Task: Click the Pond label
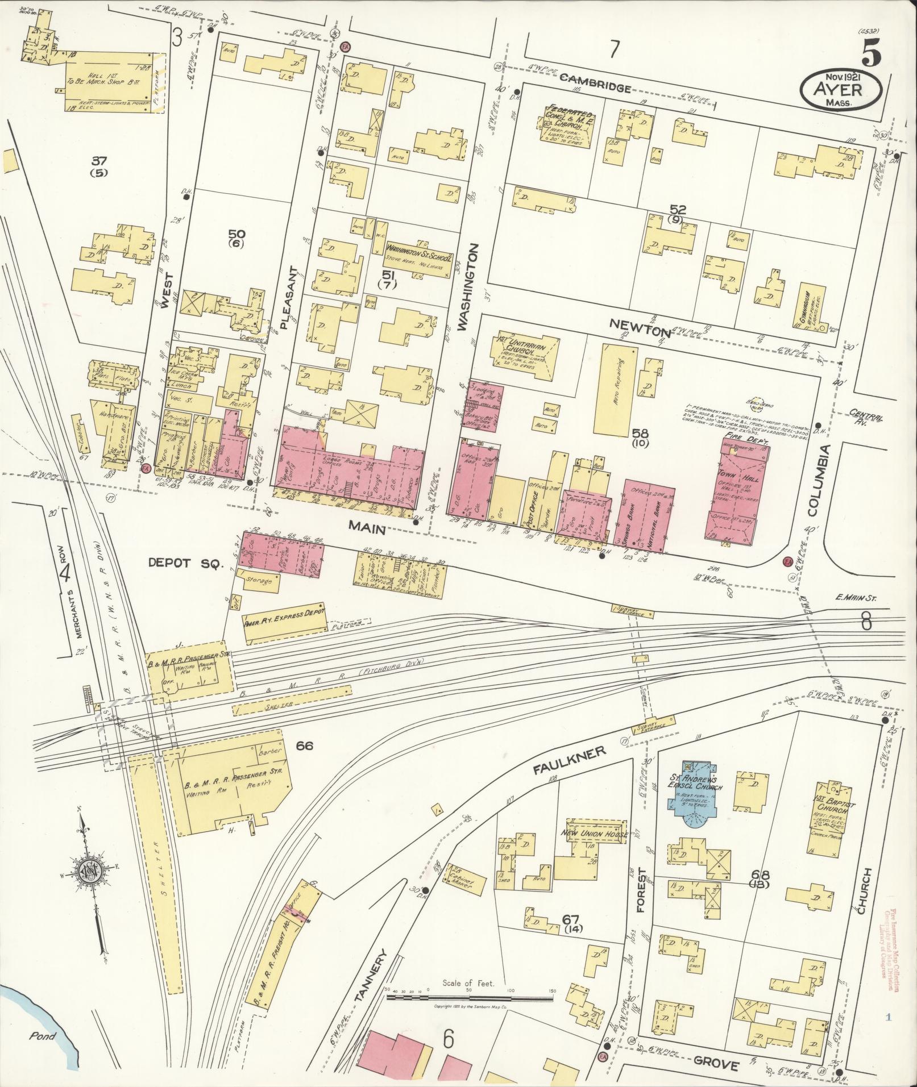tap(43, 1036)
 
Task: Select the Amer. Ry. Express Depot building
tap(284, 622)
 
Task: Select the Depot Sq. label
tap(184, 563)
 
